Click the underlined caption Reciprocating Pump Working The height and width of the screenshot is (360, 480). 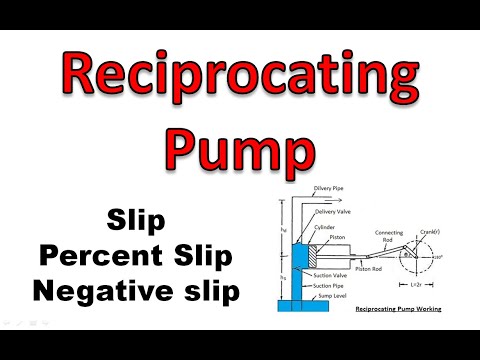[399, 310]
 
